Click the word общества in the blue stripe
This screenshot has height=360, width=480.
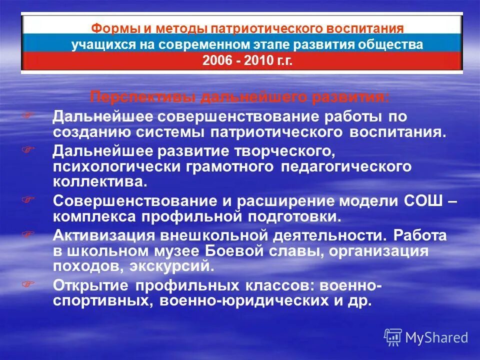[x=390, y=44]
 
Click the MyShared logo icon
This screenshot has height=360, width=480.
[x=393, y=337]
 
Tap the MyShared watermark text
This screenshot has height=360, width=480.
[x=436, y=337]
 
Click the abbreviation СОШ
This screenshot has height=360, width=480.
[x=425, y=200]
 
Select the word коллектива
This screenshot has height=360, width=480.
[x=100, y=181]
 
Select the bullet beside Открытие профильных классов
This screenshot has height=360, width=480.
[x=28, y=283]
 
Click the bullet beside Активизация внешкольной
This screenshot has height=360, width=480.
[x=28, y=233]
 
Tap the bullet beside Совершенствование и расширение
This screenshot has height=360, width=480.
[x=28, y=198]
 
